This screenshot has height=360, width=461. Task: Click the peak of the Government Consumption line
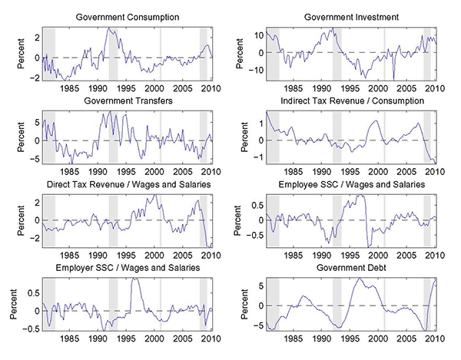(110, 28)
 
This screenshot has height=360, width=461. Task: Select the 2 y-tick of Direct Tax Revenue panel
(35, 201)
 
